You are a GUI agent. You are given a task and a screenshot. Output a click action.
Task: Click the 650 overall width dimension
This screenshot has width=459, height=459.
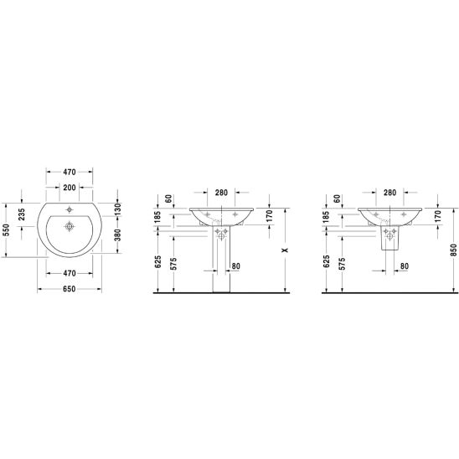[69, 289]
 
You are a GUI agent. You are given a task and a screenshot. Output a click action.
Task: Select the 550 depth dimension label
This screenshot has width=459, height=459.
[7, 229]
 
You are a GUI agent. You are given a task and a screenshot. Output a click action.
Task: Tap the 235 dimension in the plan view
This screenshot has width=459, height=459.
[22, 214]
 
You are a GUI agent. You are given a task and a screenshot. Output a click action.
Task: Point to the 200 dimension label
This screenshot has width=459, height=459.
[70, 188]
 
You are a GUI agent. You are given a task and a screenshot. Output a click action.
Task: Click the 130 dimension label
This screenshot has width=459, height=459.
[117, 209]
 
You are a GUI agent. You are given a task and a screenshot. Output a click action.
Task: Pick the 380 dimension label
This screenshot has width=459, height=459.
[117, 235]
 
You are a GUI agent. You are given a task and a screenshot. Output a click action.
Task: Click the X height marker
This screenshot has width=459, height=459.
[285, 250]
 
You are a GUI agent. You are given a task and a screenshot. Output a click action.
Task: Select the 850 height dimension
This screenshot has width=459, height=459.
[453, 250]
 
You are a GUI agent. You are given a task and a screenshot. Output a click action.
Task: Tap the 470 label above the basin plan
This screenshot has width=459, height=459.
[70, 173]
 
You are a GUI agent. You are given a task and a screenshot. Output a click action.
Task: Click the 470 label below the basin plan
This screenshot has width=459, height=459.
[70, 273]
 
